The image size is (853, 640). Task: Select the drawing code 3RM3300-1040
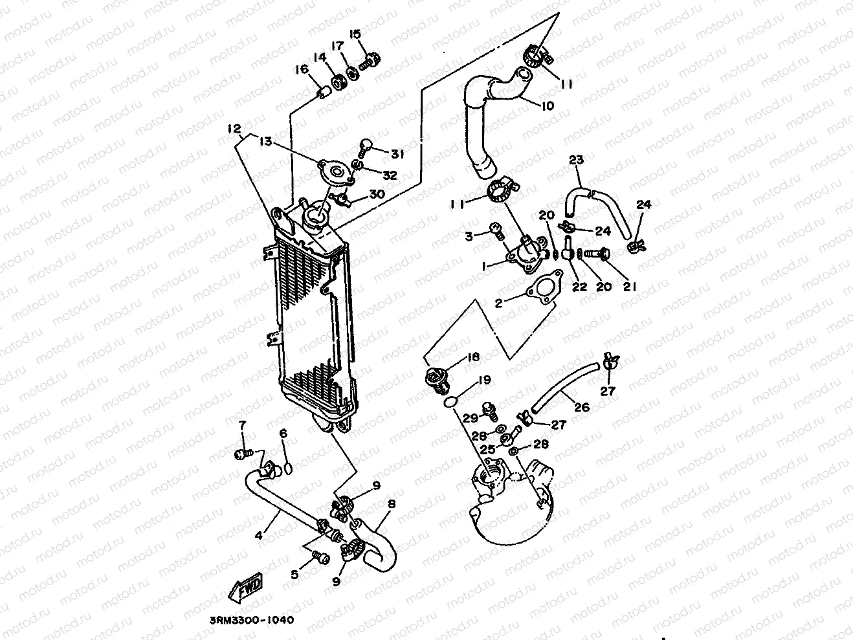pyautogui.click(x=251, y=619)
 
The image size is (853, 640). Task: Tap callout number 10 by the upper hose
pyautogui.click(x=547, y=105)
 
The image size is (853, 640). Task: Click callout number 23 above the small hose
pyautogui.click(x=576, y=160)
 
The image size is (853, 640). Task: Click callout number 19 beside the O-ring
pyautogui.click(x=485, y=380)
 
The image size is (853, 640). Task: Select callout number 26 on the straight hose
pyautogui.click(x=582, y=408)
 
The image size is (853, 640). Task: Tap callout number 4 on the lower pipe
pyautogui.click(x=259, y=535)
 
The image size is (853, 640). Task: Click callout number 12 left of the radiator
pyautogui.click(x=233, y=129)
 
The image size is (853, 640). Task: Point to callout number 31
pyautogui.click(x=397, y=153)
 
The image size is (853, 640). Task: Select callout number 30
pyautogui.click(x=377, y=195)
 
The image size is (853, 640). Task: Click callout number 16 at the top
pyautogui.click(x=302, y=70)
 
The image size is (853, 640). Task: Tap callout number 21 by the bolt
pyautogui.click(x=630, y=287)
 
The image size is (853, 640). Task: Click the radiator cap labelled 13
pyautogui.click(x=337, y=172)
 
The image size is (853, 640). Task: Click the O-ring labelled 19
pyautogui.click(x=451, y=403)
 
